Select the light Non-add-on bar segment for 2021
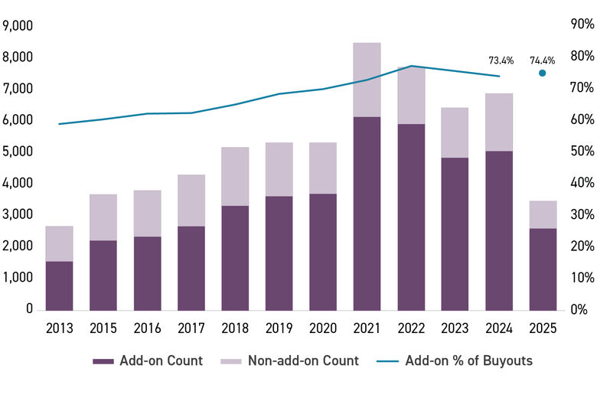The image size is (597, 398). click(x=367, y=80)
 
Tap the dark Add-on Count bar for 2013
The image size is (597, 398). click(x=59, y=285)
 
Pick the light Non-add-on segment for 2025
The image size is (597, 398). click(x=543, y=214)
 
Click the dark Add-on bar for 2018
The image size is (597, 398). click(x=235, y=257)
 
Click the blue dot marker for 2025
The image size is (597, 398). click(x=542, y=73)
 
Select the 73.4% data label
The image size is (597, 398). click(x=501, y=60)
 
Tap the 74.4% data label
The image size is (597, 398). click(x=542, y=60)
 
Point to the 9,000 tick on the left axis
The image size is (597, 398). click(x=18, y=25)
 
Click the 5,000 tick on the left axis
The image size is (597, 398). click(x=18, y=152)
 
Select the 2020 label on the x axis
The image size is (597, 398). click(x=322, y=328)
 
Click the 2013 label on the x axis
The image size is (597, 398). click(x=59, y=328)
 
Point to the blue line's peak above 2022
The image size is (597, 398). click(x=411, y=66)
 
